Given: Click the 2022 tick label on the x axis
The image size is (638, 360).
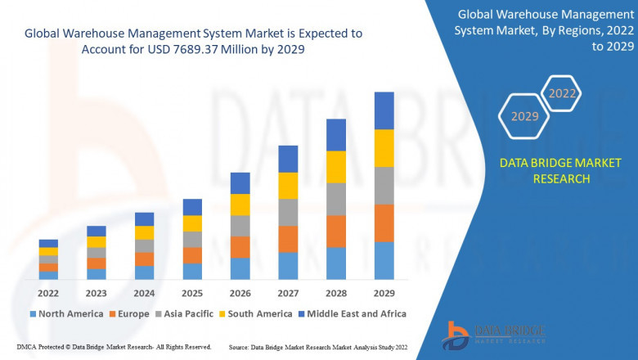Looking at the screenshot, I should (48, 292).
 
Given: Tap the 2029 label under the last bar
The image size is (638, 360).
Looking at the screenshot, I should (384, 292).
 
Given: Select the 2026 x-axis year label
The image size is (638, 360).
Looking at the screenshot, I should (240, 292).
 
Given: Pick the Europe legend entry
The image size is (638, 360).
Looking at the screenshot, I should (130, 313).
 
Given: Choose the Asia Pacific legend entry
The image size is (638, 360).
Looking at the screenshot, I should (187, 313).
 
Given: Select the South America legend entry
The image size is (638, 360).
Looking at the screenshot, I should (258, 313).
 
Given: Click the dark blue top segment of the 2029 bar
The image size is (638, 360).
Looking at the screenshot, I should (384, 110).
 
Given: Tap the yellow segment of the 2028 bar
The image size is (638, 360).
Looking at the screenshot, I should (335, 167).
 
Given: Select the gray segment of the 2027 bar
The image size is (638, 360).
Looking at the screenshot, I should (288, 212).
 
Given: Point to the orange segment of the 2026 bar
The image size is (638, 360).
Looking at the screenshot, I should (240, 247).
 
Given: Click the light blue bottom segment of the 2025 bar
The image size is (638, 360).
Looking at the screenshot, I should (192, 272).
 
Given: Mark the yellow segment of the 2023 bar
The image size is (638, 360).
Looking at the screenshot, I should (97, 241).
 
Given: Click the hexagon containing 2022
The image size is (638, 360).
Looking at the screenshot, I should (562, 93).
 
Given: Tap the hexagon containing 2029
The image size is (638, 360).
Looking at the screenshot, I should (524, 117).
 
